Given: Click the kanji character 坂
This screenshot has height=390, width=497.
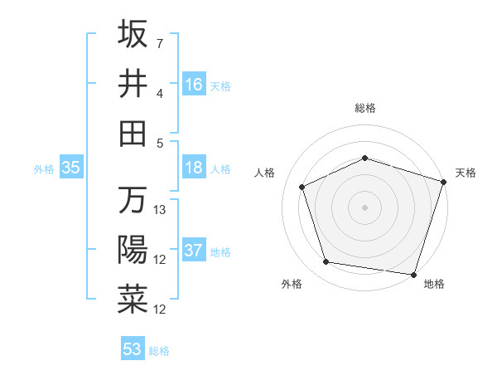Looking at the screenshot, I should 133,34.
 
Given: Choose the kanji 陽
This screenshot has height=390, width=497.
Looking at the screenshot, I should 133,250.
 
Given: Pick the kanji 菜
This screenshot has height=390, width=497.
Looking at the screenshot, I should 133,300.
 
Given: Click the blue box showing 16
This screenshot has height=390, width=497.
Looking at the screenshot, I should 194,84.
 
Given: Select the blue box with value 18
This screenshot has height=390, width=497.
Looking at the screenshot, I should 194,168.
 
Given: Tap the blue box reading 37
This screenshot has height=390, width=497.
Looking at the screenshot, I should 194,251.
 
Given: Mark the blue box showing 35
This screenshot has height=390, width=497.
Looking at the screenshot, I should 71,168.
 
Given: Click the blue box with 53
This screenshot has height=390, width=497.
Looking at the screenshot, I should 132,349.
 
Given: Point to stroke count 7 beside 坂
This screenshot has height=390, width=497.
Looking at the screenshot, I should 160,42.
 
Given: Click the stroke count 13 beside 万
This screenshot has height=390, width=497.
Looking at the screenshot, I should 161,210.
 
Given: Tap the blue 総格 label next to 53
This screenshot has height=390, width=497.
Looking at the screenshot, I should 159,351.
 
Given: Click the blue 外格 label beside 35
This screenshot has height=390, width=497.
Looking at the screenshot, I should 44,169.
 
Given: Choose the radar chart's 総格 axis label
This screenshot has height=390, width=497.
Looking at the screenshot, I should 365,108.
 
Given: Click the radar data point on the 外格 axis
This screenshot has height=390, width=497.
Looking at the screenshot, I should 326,262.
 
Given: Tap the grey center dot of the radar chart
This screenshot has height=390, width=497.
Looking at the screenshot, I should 365,207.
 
